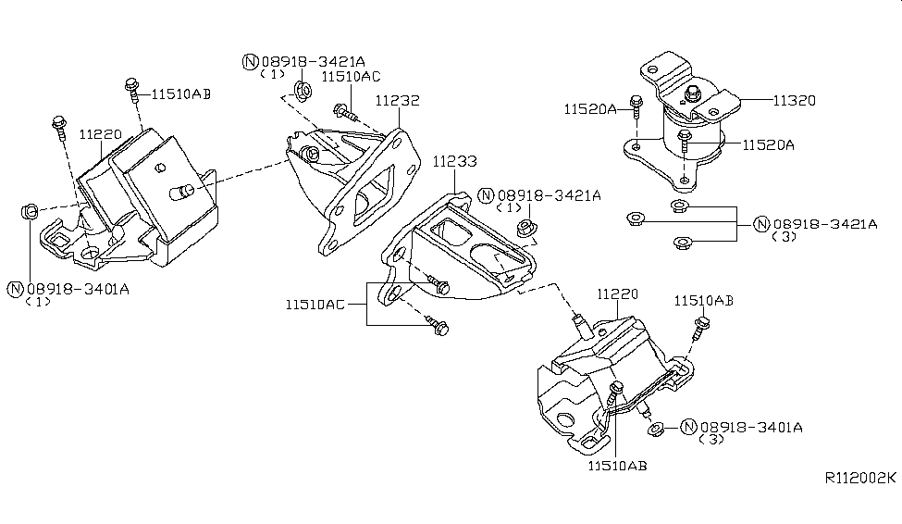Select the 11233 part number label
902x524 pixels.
(454, 161)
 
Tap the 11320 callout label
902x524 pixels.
(793, 99)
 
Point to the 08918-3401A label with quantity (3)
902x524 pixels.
(751, 427)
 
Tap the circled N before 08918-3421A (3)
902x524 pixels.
(761, 223)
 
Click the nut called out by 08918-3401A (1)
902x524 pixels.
(30, 213)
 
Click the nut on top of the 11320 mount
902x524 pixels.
(690, 92)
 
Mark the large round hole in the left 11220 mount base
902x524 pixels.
(91, 252)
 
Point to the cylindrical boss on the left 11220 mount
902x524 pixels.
(182, 191)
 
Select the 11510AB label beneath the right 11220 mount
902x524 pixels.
(615, 466)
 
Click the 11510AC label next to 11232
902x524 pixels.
(351, 78)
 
